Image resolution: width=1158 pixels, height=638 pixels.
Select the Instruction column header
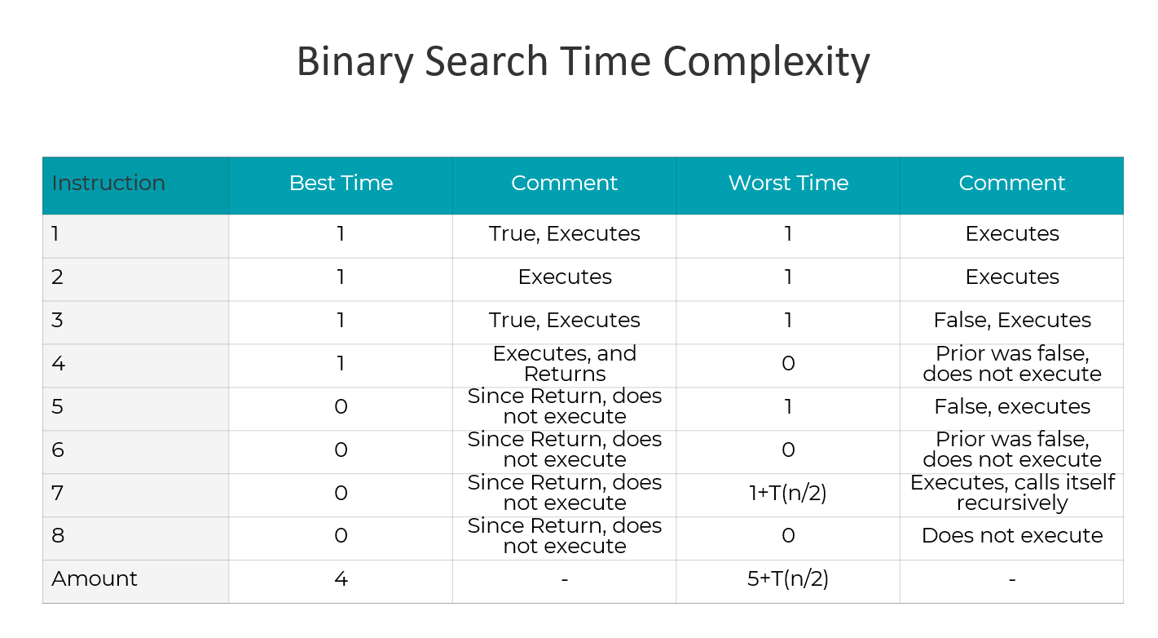coord(108,184)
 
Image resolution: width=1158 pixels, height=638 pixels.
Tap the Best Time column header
coord(341,184)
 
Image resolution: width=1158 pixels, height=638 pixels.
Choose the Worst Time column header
coord(788,184)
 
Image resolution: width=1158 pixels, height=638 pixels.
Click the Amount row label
coord(95,579)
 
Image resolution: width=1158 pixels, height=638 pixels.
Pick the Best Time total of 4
coord(341,579)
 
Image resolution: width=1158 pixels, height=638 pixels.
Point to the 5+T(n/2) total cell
coord(788,579)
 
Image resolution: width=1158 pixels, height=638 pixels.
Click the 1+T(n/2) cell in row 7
coord(788,493)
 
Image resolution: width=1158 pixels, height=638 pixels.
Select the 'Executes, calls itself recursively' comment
coord(1012,493)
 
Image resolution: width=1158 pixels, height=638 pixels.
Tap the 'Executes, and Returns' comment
coord(565,364)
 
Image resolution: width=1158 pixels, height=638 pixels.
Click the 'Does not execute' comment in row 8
coord(1012,536)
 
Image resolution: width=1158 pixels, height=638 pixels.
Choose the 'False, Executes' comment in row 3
coord(1012,320)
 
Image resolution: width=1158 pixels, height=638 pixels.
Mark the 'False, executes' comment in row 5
coord(1012,406)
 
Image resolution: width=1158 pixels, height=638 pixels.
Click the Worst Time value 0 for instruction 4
coord(788,364)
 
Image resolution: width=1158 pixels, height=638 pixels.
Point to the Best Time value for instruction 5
coord(341,406)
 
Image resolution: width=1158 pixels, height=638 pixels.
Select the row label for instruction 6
coord(57,450)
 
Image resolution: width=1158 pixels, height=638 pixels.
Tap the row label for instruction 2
coord(57,277)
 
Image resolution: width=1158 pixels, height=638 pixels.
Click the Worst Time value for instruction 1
coord(788,234)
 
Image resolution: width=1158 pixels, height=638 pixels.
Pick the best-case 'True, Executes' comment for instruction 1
coord(565,234)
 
